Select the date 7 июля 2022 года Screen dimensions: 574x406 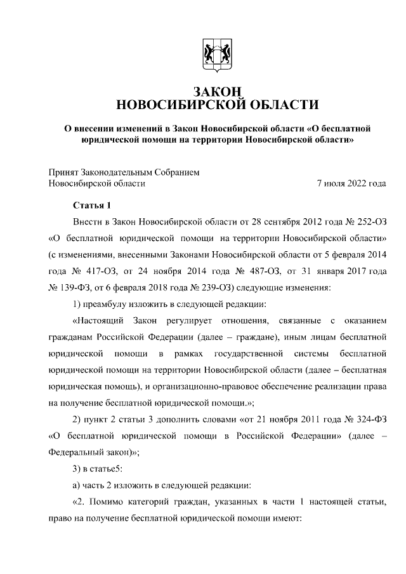[x=351, y=183]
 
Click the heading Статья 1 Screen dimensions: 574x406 [x=91, y=205]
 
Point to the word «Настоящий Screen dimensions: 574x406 [x=95, y=320]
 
